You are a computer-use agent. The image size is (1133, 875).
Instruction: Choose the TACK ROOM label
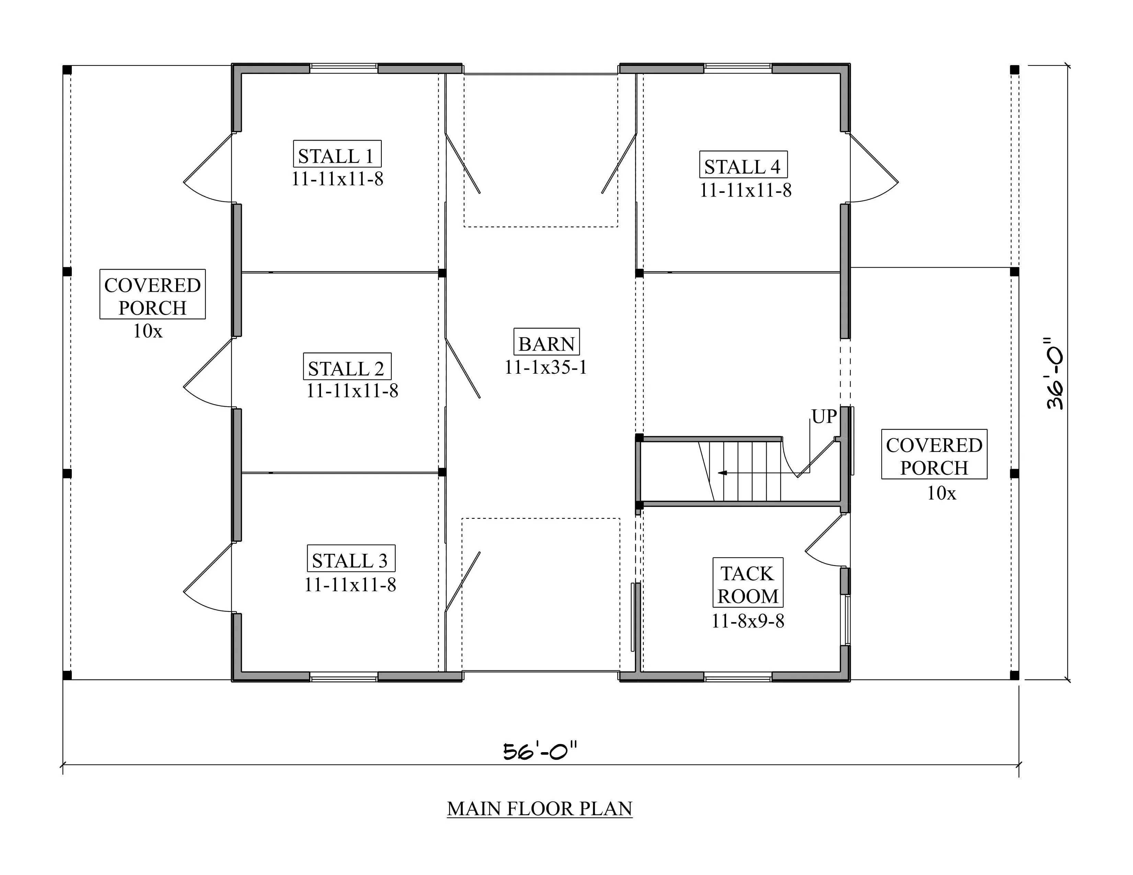(x=747, y=583)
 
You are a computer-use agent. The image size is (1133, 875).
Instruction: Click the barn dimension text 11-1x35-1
(x=546, y=367)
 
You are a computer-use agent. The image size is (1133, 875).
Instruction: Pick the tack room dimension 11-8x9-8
(x=747, y=620)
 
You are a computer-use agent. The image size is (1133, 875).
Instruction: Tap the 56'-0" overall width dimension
(x=540, y=750)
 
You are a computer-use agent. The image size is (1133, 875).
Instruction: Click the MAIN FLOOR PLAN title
(x=539, y=809)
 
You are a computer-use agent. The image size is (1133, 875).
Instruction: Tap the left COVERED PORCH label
(x=152, y=296)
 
